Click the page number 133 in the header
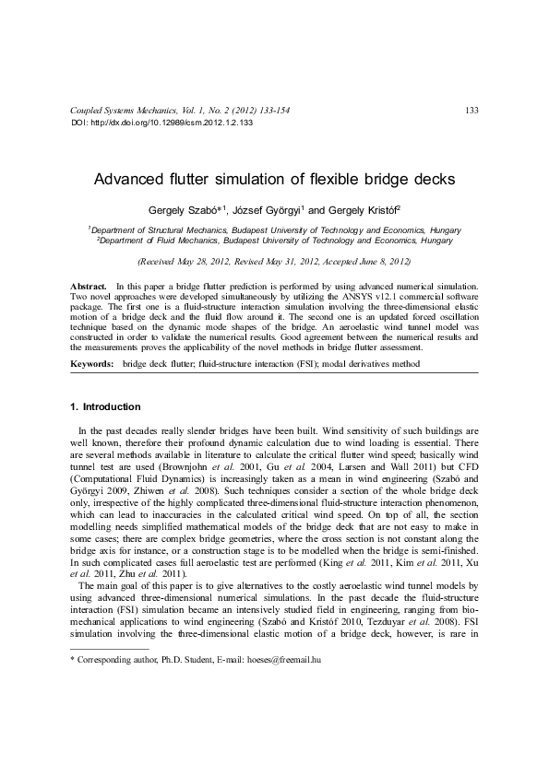471,111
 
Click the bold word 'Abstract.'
90,288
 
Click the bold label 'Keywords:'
92,365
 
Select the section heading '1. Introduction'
106,406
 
